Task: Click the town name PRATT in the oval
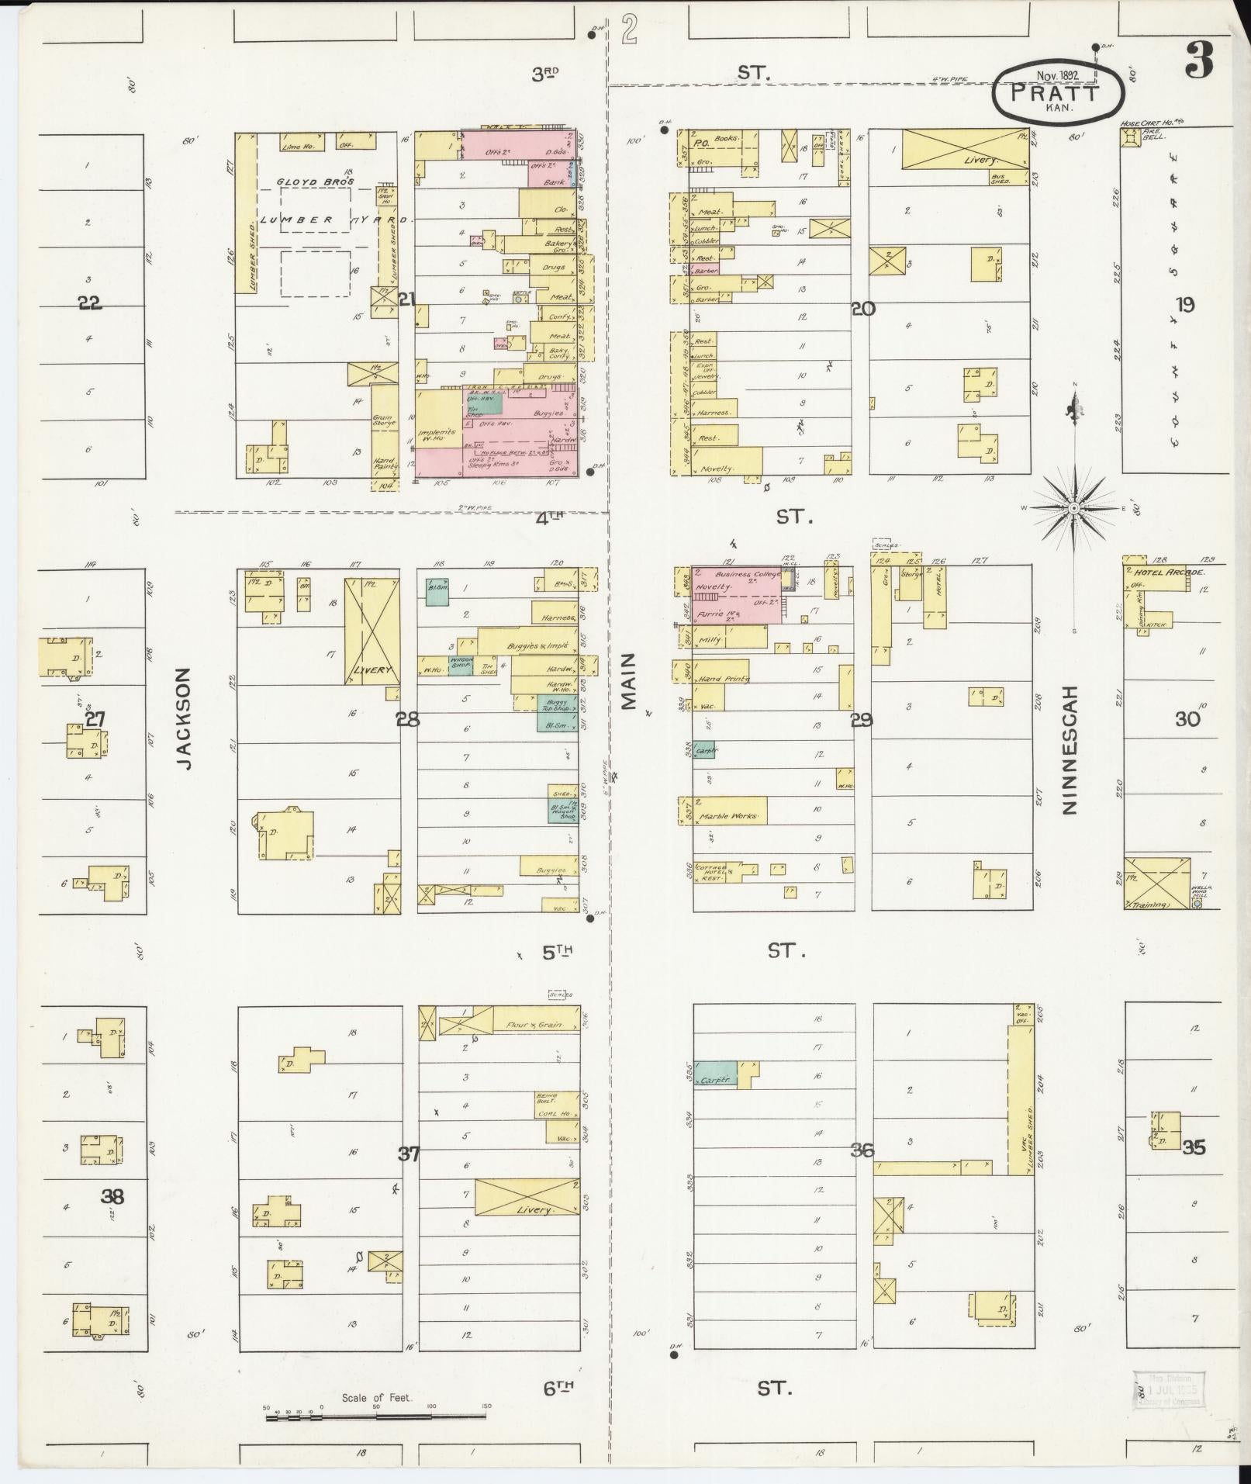point(1056,93)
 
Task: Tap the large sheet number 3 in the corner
point(1198,61)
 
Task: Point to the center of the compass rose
point(1074,507)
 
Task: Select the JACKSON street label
point(183,721)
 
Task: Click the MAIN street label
point(627,680)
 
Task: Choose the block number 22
point(89,303)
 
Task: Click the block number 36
point(862,1150)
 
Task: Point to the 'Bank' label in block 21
point(554,182)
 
